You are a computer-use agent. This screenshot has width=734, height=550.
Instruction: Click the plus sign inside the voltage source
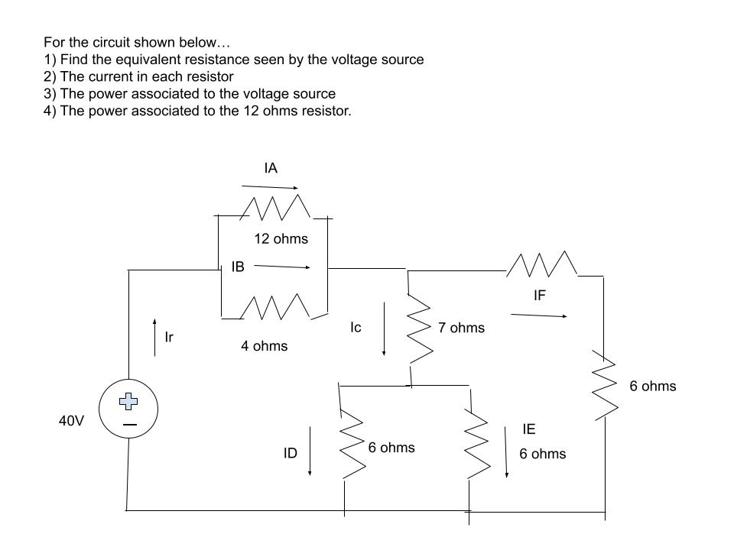129,400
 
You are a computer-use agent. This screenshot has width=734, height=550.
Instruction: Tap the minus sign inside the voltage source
130,425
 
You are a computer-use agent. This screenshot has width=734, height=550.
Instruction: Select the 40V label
72,420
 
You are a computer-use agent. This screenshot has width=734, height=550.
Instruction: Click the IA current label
270,168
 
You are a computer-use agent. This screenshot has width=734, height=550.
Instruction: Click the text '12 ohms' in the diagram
281,239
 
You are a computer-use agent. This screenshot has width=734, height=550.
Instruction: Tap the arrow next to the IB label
281,267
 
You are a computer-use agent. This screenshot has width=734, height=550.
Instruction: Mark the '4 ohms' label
264,347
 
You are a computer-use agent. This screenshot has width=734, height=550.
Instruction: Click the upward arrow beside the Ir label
155,337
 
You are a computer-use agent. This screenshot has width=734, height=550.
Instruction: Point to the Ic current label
356,327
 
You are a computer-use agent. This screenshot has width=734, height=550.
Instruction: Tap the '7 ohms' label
461,328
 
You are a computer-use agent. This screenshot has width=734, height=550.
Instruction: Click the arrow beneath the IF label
539,315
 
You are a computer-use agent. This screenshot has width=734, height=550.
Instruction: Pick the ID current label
290,454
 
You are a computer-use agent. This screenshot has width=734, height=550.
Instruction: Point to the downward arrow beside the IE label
506,452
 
